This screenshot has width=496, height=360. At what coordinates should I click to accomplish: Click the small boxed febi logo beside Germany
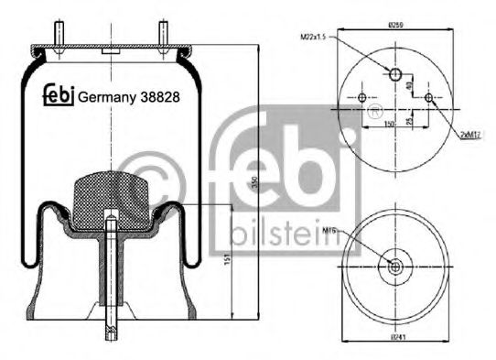59,94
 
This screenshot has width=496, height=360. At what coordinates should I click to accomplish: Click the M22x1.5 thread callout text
313,37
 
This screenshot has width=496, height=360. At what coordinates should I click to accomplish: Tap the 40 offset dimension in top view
408,87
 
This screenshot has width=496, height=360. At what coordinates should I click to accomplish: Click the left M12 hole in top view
362,98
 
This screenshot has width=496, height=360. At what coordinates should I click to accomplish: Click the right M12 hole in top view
427,98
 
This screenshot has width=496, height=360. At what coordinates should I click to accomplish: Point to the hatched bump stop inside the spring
111,192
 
